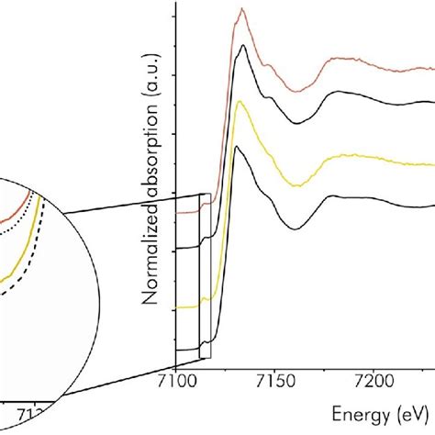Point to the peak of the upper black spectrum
(242, 45)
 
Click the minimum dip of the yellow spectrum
(292, 184)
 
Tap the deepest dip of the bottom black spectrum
(294, 229)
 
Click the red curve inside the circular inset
(14, 213)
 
